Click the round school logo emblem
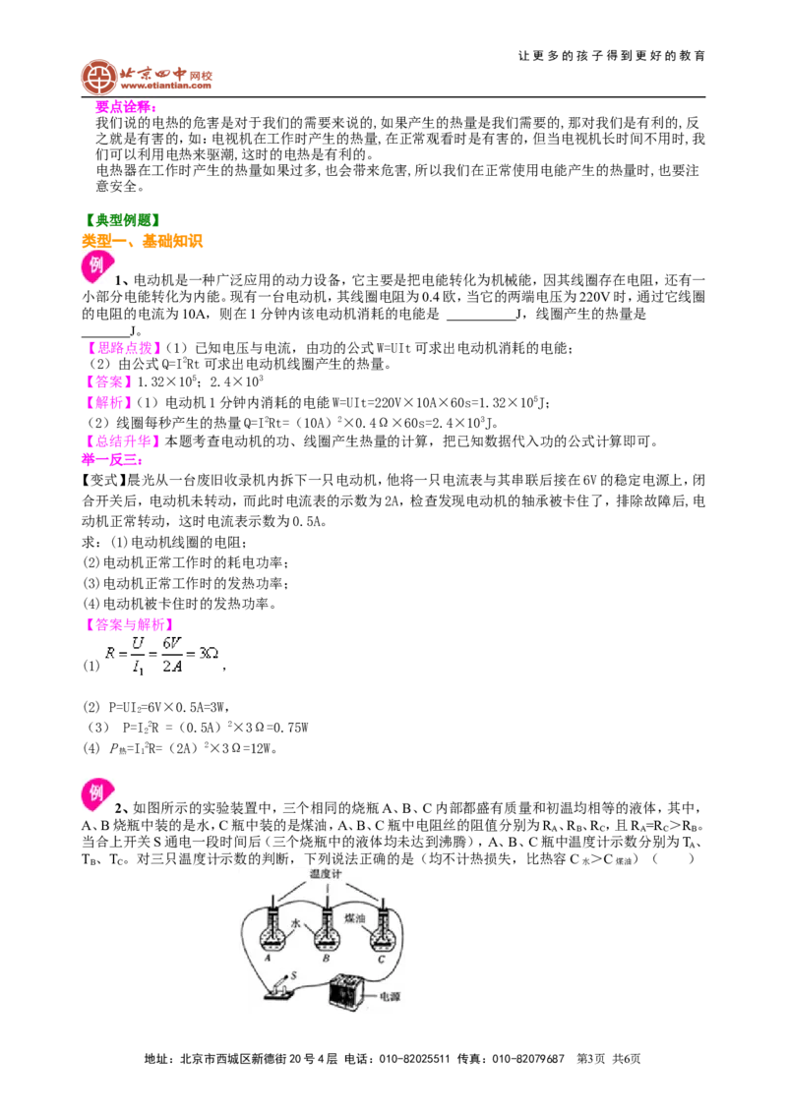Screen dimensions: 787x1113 [x=98, y=78]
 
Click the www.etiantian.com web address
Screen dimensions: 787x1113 [x=165, y=86]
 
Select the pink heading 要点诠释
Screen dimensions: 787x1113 [x=124, y=106]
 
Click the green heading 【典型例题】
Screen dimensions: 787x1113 [x=121, y=221]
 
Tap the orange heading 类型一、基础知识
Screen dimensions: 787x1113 [x=142, y=241]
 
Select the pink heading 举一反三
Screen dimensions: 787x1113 [x=111, y=460]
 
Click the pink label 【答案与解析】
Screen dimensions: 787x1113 [x=128, y=624]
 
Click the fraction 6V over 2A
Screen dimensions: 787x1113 [x=172, y=655]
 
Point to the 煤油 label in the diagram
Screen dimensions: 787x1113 [x=354, y=917]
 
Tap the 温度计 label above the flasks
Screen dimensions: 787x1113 [x=326, y=874]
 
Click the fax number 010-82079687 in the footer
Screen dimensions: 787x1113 [x=527, y=1058]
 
